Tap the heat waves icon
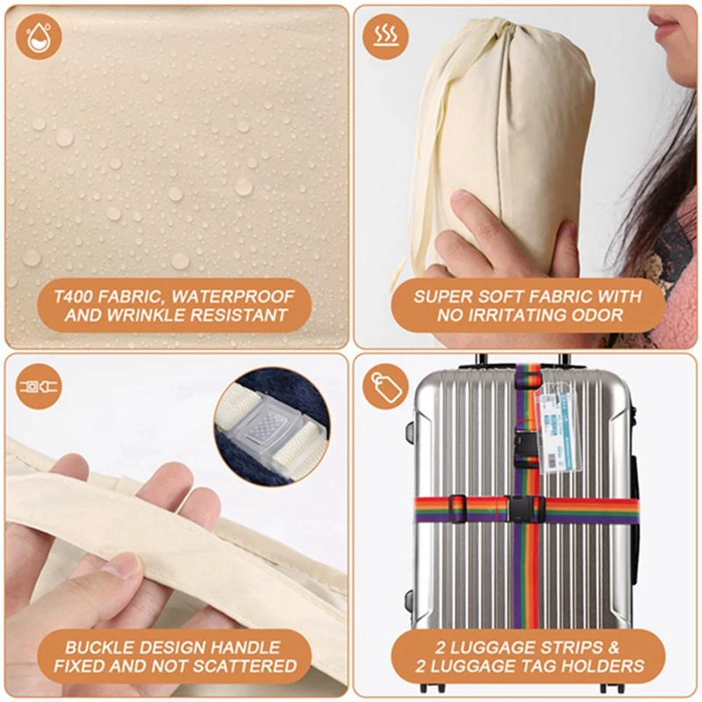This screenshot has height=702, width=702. (385, 36)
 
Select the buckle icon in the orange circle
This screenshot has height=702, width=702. (39, 386)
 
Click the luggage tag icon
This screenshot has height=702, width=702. (385, 386)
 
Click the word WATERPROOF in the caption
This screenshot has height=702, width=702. (233, 297)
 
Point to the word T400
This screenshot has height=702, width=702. (74, 297)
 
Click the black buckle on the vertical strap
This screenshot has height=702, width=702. (527, 445)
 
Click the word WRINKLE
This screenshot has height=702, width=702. (147, 315)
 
